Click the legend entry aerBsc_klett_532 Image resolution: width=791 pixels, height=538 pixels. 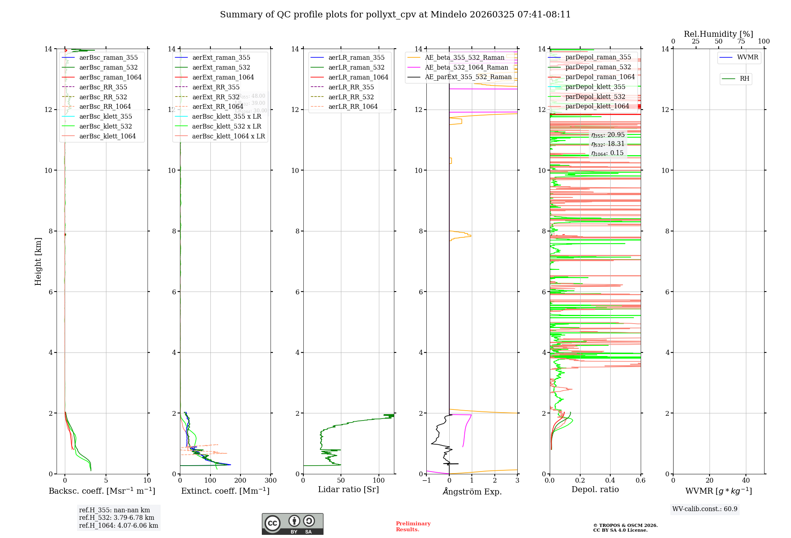tap(105, 127)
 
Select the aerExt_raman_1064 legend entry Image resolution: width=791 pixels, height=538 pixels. tap(223, 78)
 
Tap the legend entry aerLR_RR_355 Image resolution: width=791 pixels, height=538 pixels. tap(351, 87)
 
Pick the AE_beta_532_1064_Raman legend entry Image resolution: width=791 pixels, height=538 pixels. tap(466, 68)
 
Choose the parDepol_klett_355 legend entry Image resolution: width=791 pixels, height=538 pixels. tap(595, 87)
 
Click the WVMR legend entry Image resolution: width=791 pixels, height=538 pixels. tap(747, 57)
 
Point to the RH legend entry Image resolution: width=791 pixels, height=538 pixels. tap(744, 79)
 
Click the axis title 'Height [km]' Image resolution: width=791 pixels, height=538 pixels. tap(38, 261)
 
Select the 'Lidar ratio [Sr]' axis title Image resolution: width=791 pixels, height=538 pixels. tap(348, 490)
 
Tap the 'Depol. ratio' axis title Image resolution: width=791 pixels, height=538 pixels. tap(595, 490)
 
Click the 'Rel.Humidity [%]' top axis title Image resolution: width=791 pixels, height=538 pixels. tap(718, 34)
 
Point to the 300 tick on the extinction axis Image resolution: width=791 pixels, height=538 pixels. tap(271, 481)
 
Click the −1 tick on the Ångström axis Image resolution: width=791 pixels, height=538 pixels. tap(426, 481)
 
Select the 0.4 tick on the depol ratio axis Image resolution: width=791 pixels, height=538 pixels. tap(610, 481)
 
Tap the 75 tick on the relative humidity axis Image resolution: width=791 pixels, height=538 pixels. tap(741, 42)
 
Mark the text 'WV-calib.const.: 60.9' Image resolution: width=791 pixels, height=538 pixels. tap(705, 509)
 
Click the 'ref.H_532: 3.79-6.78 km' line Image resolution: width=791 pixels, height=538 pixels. tap(117, 518)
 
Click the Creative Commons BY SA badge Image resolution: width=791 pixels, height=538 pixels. tap(292, 524)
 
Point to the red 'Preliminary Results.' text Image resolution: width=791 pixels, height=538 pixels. tap(413, 527)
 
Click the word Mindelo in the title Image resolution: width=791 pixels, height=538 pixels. tap(448, 15)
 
